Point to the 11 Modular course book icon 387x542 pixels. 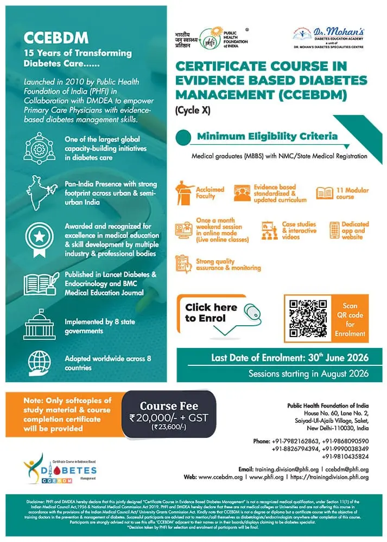click(325, 193)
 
